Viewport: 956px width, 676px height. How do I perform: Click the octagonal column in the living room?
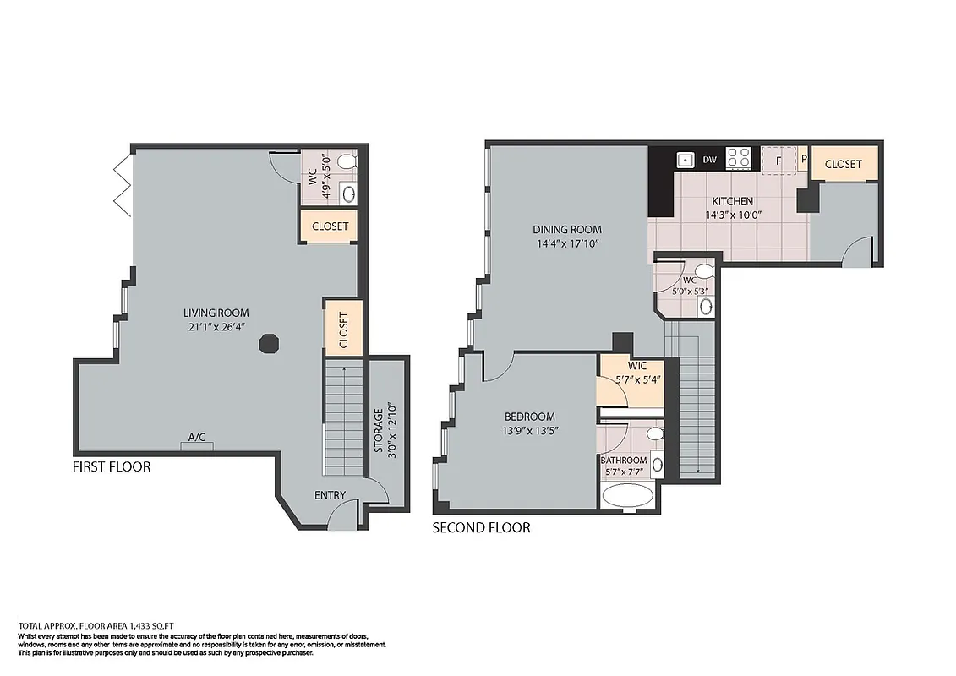pos(268,345)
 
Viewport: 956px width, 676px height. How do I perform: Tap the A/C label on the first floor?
pos(196,437)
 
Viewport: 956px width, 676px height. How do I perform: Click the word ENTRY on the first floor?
pos(330,495)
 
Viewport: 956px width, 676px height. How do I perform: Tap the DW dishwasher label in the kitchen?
pos(710,159)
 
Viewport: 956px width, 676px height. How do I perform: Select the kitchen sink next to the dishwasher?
pos(685,159)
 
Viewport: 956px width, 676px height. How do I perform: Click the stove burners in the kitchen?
pos(739,158)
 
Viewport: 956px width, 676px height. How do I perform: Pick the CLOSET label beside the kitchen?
pos(843,164)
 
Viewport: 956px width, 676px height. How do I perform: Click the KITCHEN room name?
pos(732,202)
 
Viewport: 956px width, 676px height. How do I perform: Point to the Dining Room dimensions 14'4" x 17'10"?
pos(567,243)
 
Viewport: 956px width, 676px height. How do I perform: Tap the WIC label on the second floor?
pos(637,366)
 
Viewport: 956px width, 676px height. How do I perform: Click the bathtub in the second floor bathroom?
pos(627,497)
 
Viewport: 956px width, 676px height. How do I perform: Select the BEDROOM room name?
pos(529,417)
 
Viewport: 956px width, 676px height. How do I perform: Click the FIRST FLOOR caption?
pos(112,466)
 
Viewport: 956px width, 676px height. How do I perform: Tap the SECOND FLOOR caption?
pos(481,528)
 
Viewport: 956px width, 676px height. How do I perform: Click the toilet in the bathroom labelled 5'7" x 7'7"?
pos(654,433)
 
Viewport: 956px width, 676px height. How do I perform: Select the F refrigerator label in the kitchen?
pos(778,159)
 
